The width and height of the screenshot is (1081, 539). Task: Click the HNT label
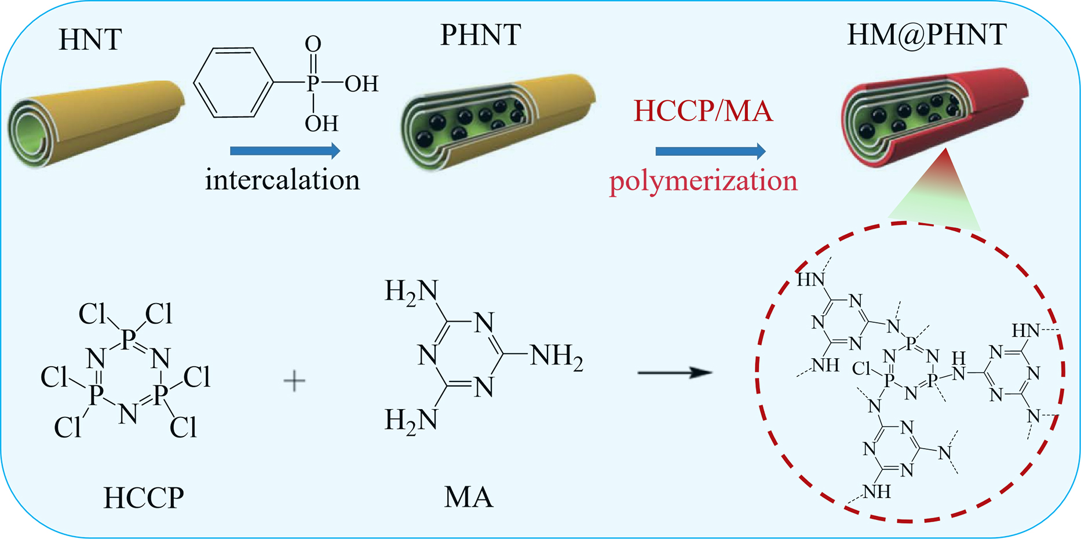click(x=90, y=40)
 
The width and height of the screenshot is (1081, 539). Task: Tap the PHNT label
click(x=480, y=35)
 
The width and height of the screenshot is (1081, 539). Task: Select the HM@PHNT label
click(x=927, y=35)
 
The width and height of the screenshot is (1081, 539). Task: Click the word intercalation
click(x=282, y=180)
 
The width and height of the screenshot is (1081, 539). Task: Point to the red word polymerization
click(x=703, y=181)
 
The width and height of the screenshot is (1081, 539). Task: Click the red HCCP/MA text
click(x=703, y=110)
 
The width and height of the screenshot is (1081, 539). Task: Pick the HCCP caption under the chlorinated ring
click(x=144, y=498)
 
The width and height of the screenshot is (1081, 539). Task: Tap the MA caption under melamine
click(x=469, y=498)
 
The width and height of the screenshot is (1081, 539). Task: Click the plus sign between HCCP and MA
click(x=294, y=381)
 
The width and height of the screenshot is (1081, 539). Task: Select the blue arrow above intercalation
click(x=284, y=151)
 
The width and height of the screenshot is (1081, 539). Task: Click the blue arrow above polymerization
click(x=710, y=151)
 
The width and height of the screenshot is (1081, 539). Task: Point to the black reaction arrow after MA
click(x=674, y=373)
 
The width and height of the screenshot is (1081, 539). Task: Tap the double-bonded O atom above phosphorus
click(x=313, y=43)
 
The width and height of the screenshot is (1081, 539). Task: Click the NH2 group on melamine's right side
click(x=557, y=355)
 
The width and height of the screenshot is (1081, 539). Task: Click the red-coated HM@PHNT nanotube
click(x=933, y=116)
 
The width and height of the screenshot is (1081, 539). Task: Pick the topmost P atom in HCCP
click(x=128, y=338)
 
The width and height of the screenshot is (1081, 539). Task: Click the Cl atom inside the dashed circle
click(x=862, y=368)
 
